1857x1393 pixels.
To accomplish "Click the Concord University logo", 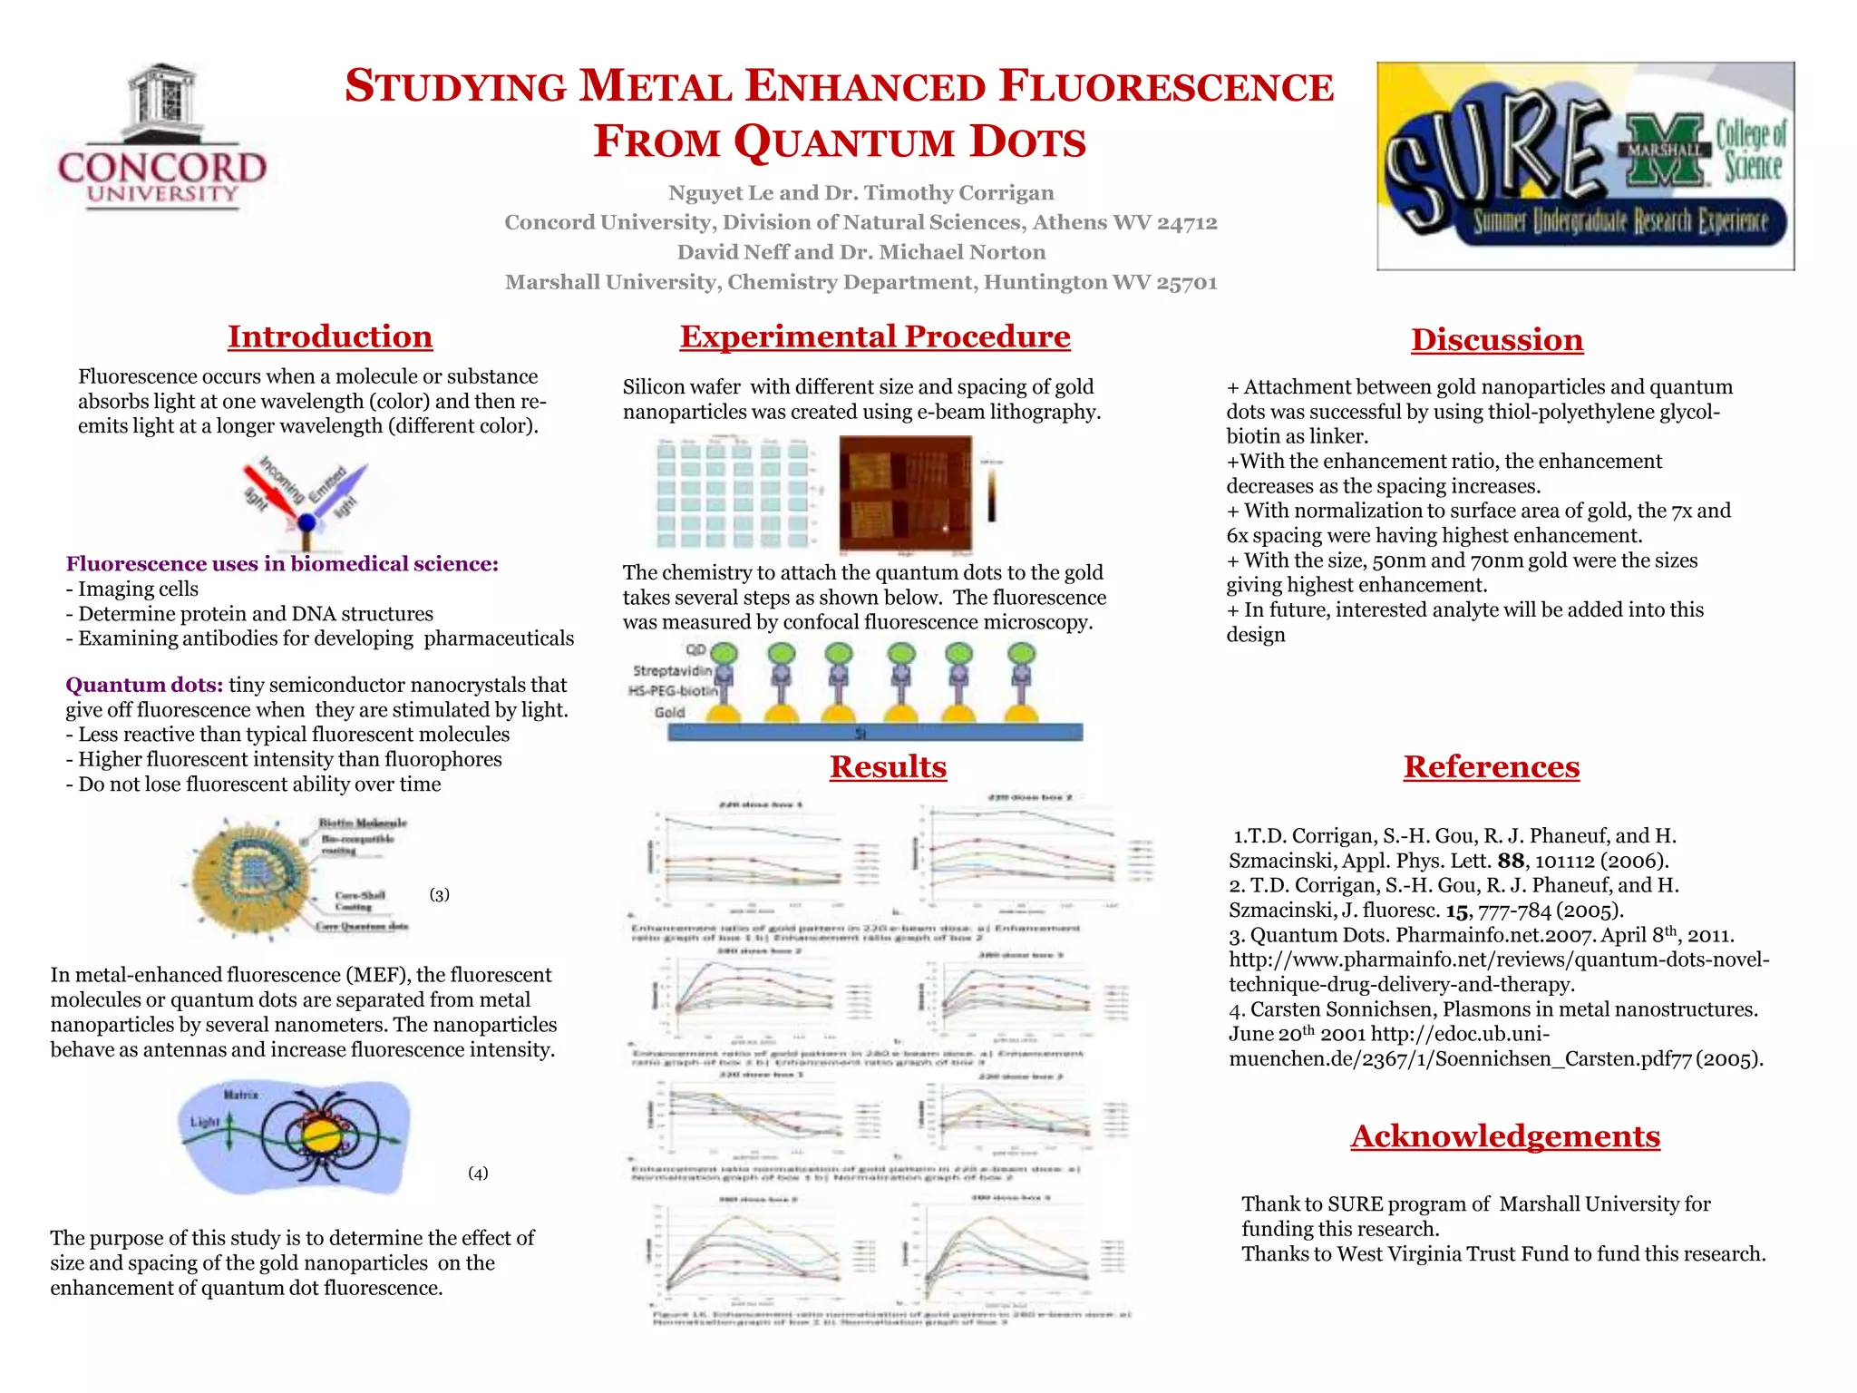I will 161,139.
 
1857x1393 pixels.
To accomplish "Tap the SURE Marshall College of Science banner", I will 1585,166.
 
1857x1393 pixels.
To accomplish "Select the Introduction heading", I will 330,336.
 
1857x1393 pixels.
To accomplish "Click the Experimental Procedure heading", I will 875,336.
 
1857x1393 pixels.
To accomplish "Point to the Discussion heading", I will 1497,340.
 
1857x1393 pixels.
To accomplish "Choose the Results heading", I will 888,767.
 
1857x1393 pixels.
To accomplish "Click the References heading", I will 1492,767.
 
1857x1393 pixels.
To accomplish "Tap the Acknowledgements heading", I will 1505,1136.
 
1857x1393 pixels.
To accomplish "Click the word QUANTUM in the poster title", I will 844,142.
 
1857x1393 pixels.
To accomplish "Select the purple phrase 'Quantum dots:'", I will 144,685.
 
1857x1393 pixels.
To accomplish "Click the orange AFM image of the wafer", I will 905,494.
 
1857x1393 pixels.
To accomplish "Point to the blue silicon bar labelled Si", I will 875,732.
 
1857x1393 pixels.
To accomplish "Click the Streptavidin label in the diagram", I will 672,671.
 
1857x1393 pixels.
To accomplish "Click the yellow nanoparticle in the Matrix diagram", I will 320,1136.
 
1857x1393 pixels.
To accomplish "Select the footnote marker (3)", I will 440,895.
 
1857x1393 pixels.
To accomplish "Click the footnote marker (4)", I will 478,1174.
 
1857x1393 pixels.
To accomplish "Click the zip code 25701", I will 1187,283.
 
